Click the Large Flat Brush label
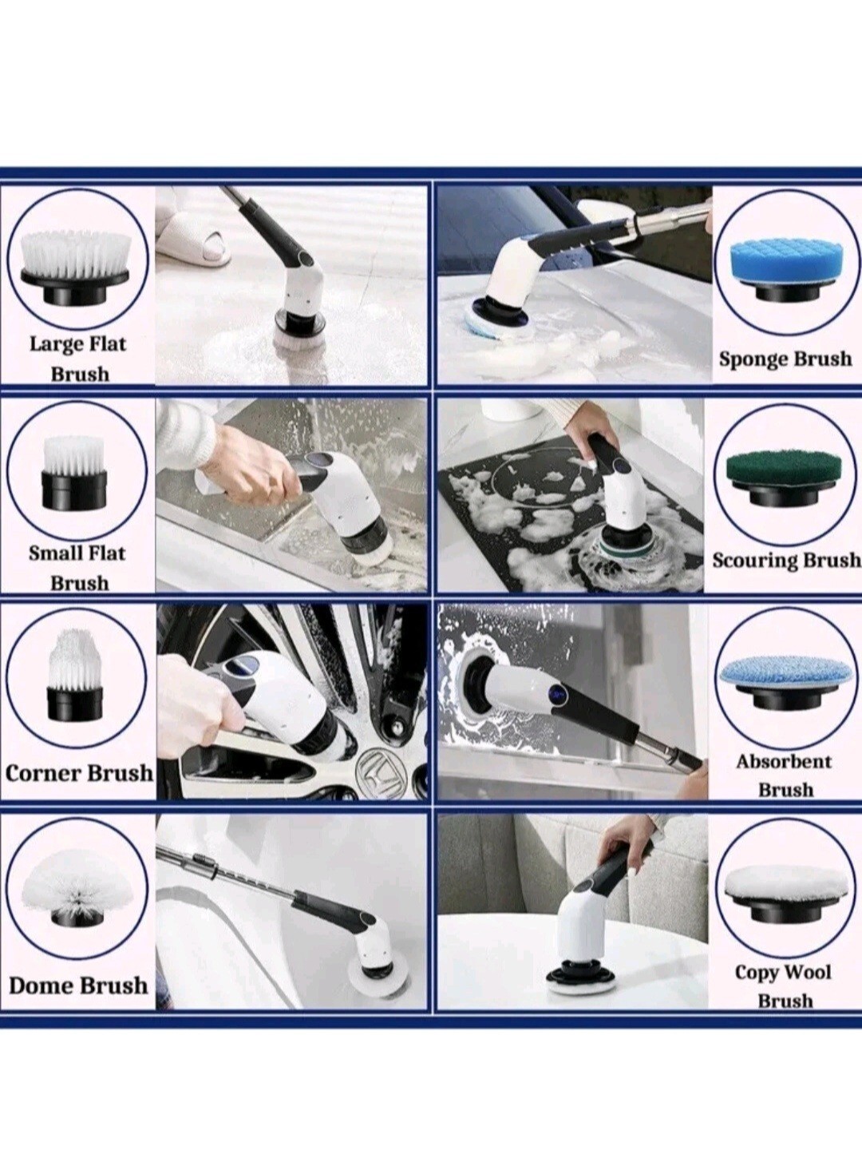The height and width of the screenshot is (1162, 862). click(x=78, y=359)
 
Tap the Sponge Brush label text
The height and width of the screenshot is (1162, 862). click(x=785, y=359)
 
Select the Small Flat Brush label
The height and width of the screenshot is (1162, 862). click(x=77, y=568)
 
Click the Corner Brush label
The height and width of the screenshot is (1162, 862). click(x=79, y=773)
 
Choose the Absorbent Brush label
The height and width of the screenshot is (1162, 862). click(x=785, y=775)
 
